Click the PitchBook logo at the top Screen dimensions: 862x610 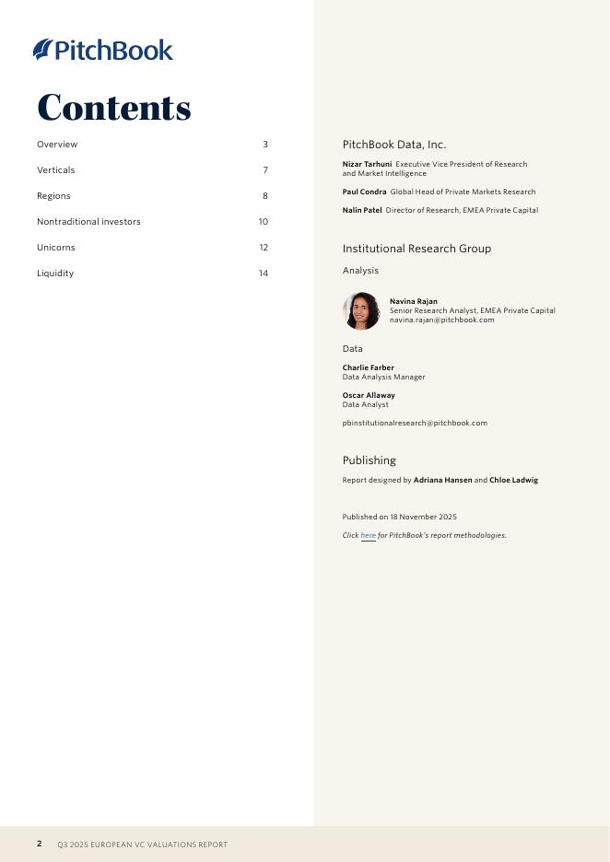(x=103, y=50)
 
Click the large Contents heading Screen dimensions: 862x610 (x=114, y=108)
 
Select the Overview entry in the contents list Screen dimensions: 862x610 (x=57, y=145)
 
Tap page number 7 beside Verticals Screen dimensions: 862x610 (x=265, y=170)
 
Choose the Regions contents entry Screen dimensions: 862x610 (x=53, y=196)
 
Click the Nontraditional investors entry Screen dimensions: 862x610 (x=88, y=222)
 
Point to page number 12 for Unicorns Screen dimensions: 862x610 (x=264, y=248)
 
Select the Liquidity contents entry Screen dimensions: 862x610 (x=55, y=274)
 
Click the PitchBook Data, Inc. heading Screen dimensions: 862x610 (x=394, y=145)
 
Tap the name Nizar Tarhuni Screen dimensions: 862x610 (x=367, y=164)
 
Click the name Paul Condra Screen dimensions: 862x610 (x=364, y=192)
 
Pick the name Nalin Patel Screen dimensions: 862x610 (x=362, y=210)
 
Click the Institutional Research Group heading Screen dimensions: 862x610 (x=416, y=249)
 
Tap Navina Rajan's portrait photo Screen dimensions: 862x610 (x=361, y=311)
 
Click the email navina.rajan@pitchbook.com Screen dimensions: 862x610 (x=441, y=320)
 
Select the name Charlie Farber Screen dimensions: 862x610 (x=368, y=367)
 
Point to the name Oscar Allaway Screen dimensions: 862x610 (x=369, y=395)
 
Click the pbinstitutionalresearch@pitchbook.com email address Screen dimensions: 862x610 (x=415, y=423)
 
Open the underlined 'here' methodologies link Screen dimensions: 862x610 (x=368, y=535)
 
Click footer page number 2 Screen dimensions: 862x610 (x=40, y=844)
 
